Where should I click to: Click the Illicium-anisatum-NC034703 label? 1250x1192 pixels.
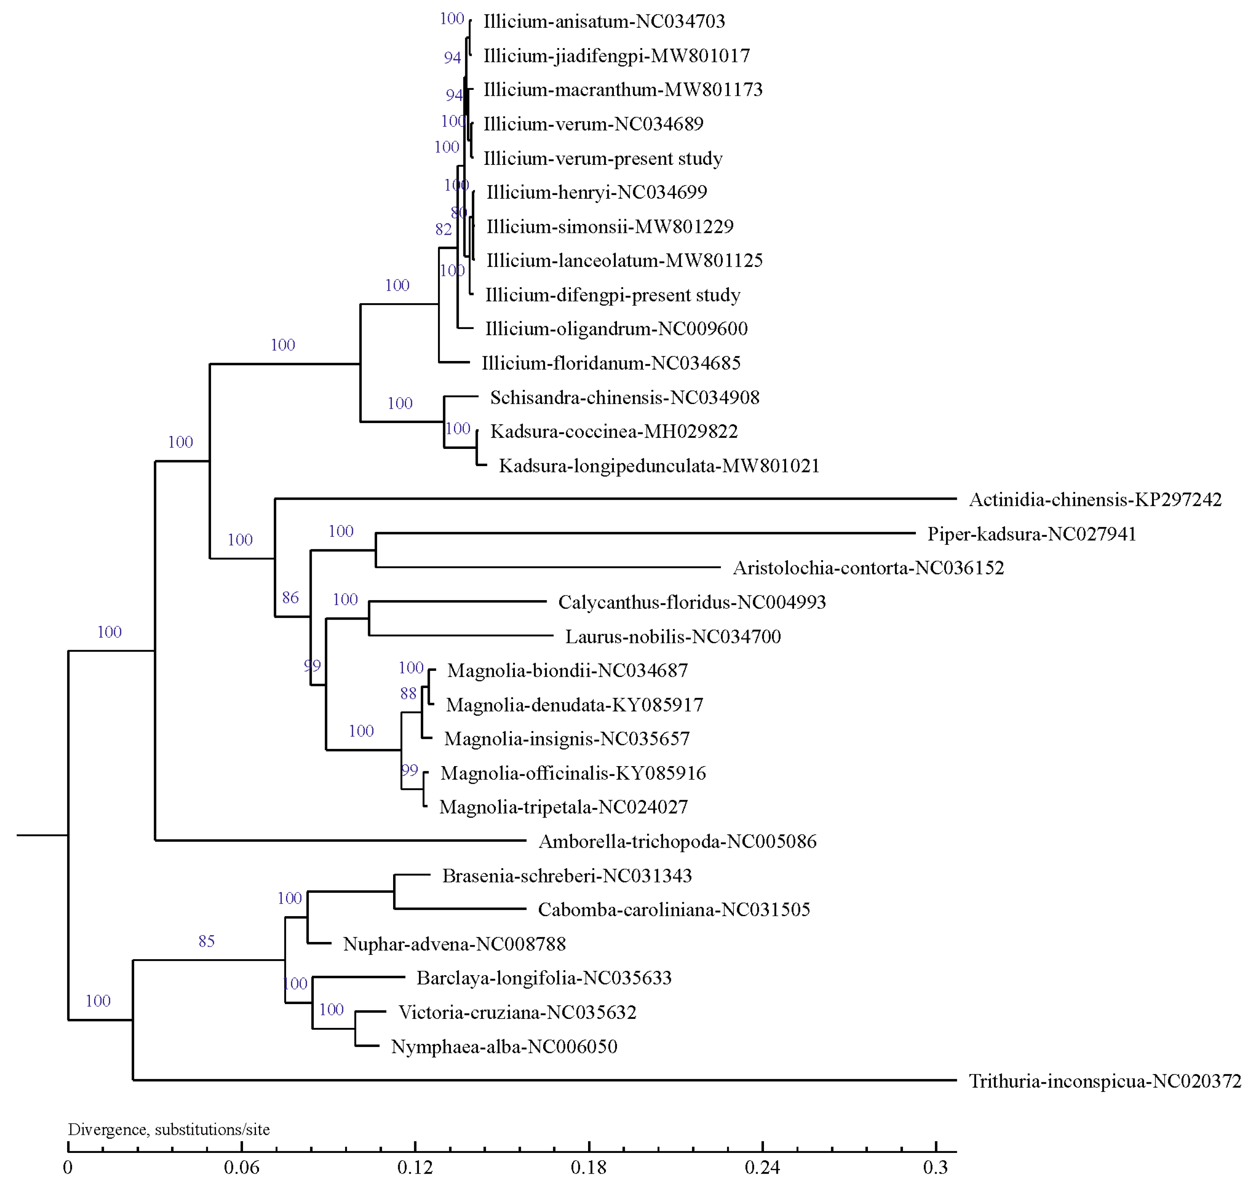pyautogui.click(x=604, y=21)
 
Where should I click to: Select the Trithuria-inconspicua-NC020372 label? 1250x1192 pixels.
pyautogui.click(x=1105, y=1081)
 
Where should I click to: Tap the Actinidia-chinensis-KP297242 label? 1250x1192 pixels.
pyautogui.click(x=1095, y=500)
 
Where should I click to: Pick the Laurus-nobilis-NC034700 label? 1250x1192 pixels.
pyautogui.click(x=673, y=637)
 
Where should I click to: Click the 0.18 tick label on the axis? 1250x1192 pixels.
pyautogui.click(x=588, y=1168)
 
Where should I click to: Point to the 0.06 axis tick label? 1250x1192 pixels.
pyautogui.click(x=241, y=1168)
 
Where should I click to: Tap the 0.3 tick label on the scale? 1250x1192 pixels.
pyautogui.click(x=935, y=1168)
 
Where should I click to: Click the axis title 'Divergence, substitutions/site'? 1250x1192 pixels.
pyautogui.click(x=169, y=1130)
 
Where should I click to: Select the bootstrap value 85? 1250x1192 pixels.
pyautogui.click(x=207, y=941)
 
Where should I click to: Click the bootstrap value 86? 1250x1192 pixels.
pyautogui.click(x=290, y=597)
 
